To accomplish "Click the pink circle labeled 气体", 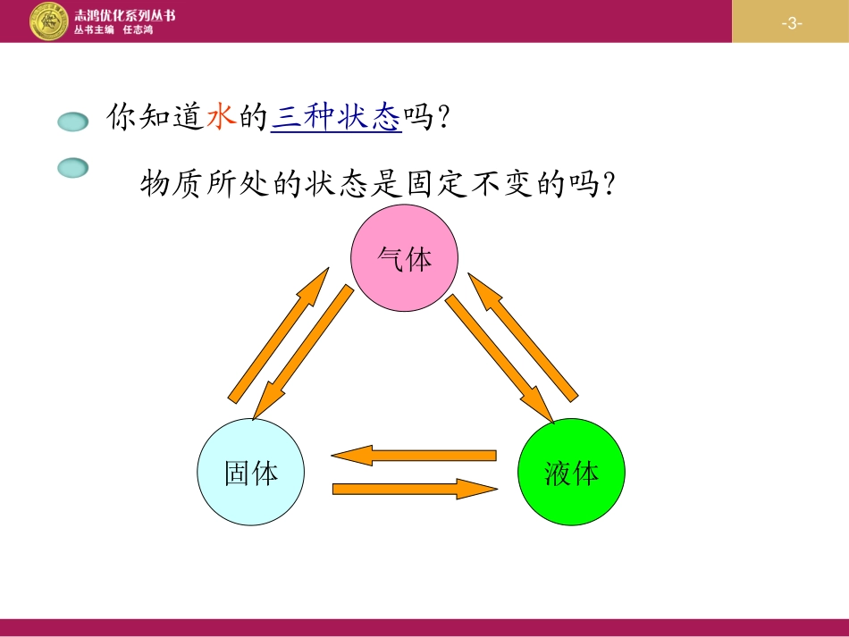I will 404,258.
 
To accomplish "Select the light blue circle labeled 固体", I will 251,472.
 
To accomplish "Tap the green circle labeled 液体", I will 571,472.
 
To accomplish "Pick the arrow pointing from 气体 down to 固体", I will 303,353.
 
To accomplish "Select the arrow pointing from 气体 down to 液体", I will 500,357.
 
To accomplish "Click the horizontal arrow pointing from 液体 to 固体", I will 414,456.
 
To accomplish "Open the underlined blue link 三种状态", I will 336,117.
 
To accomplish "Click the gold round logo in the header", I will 49,21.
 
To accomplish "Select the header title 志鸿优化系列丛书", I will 124,14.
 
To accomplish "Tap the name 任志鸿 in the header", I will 138,29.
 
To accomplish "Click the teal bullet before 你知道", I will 73,122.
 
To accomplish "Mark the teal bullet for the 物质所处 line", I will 73,167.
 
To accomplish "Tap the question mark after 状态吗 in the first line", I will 439,118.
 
